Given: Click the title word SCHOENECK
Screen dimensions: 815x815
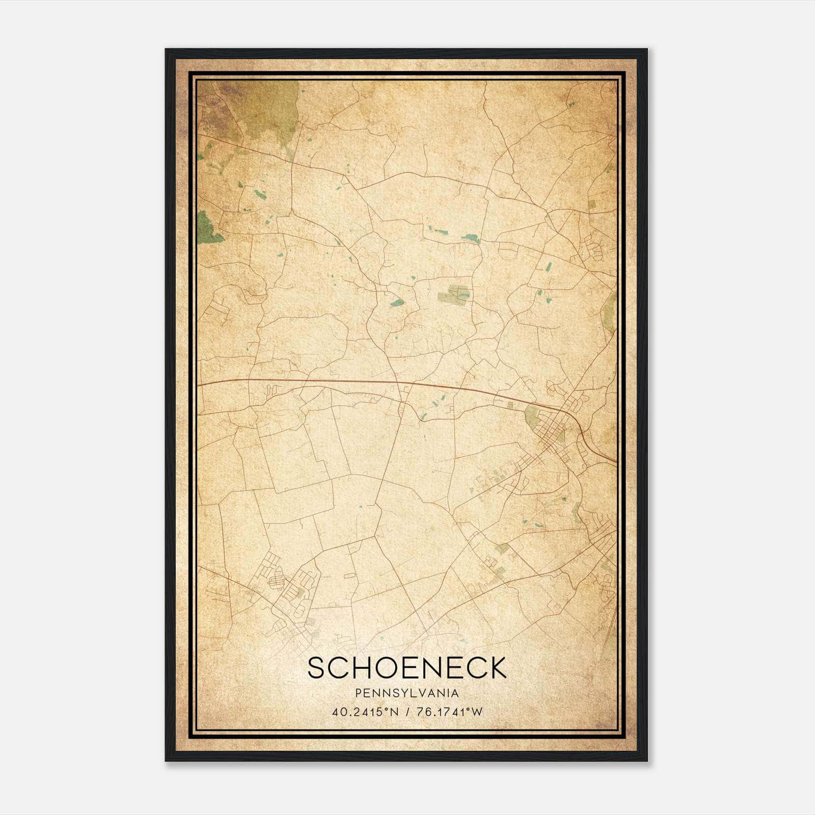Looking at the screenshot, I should tap(407, 668).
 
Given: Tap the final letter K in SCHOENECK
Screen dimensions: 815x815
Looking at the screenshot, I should tap(497, 668).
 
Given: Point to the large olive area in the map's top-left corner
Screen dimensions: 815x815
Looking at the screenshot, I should tap(265, 110).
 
